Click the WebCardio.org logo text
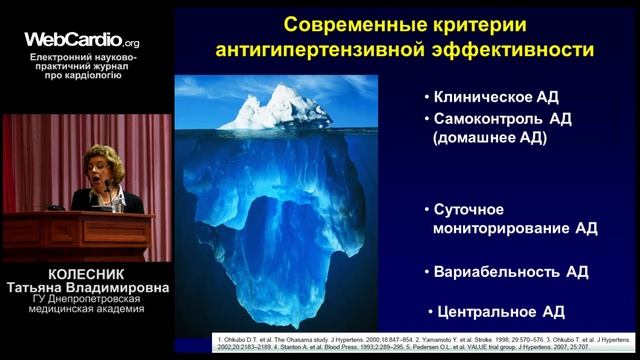tap(82, 41)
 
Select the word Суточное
tap(468, 209)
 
